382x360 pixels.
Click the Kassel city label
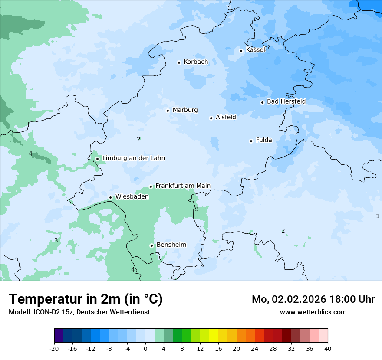[x=255, y=50]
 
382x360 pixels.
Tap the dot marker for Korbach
[x=179, y=62]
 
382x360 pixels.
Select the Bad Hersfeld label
[x=286, y=101]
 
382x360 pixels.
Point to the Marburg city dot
[x=168, y=111]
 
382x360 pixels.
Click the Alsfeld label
[x=226, y=117]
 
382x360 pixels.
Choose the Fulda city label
[x=264, y=140]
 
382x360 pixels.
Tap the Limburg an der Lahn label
[x=133, y=158]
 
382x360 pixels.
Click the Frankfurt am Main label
[x=183, y=186]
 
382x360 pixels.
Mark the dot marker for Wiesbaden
[x=111, y=198]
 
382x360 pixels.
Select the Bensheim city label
[x=171, y=245]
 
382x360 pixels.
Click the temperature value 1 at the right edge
[x=377, y=216]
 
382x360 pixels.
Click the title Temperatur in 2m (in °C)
[x=86, y=299]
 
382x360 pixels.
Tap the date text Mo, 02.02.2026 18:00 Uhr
[x=313, y=299]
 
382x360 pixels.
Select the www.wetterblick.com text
[x=313, y=312]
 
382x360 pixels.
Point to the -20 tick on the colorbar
[x=54, y=348]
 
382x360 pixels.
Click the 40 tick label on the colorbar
[x=327, y=348]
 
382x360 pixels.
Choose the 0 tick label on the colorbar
[x=145, y=348]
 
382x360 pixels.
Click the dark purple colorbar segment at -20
[x=59, y=336]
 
